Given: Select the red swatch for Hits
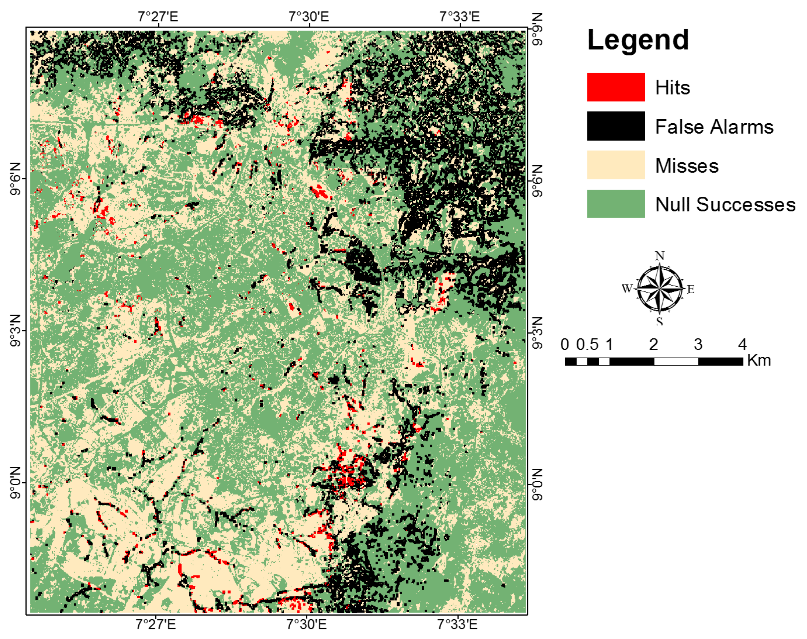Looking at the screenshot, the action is (x=615, y=87).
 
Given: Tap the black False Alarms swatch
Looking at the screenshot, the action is (x=615, y=126).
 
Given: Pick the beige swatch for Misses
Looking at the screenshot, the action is (x=615, y=165).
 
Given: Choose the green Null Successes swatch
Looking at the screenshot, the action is (x=615, y=204).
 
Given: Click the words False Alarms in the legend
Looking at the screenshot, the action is (x=714, y=127).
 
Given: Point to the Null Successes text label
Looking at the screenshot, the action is (x=725, y=205).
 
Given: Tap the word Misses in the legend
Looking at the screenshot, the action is (x=687, y=166).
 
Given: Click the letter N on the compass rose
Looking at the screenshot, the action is (x=659, y=256).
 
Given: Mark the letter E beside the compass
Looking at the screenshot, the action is (x=691, y=289).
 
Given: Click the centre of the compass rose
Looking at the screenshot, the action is (x=659, y=288).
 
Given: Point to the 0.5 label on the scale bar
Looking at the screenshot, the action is (x=587, y=345).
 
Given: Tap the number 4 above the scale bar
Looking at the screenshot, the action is (x=742, y=345).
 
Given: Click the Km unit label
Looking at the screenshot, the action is (x=759, y=361).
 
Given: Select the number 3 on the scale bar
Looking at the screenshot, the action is (x=698, y=345).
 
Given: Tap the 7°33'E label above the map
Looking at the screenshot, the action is (x=459, y=17).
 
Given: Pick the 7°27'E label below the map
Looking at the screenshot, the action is (x=155, y=624).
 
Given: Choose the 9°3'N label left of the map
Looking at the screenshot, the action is (x=15, y=331).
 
